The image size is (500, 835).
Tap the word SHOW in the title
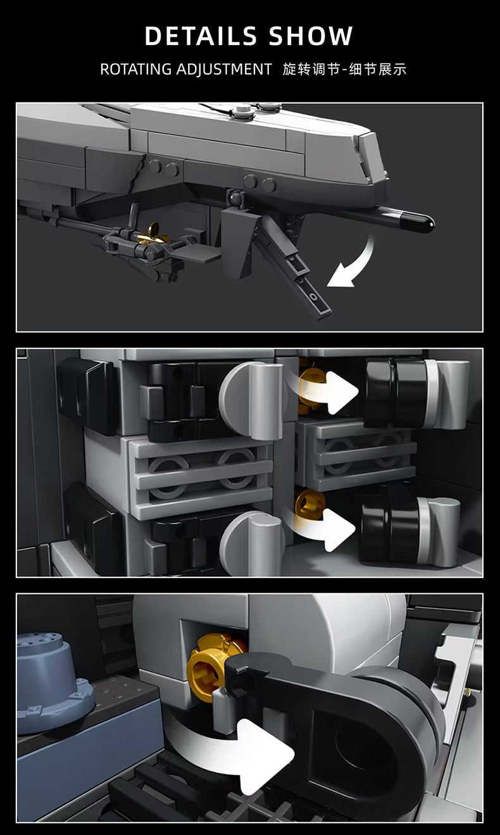click(310, 36)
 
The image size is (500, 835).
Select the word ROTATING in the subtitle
click(135, 70)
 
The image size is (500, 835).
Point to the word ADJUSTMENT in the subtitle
click(224, 70)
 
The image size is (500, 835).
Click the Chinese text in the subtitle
click(344, 70)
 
